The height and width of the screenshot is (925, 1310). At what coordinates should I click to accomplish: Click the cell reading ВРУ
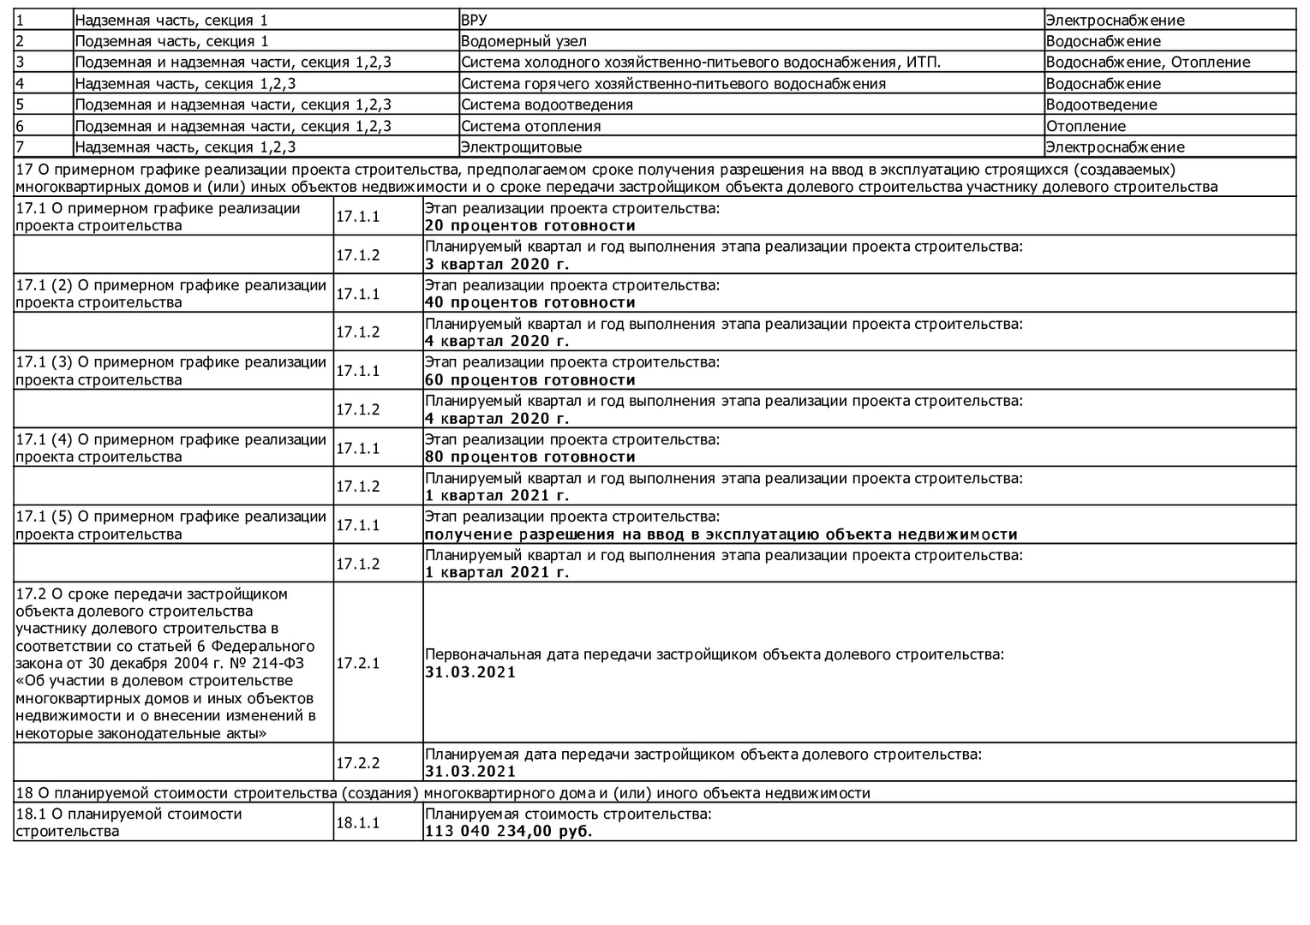(x=474, y=20)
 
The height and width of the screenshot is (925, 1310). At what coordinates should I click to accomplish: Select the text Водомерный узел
(x=523, y=41)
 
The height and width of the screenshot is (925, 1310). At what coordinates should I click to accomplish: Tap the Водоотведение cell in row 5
(x=1101, y=104)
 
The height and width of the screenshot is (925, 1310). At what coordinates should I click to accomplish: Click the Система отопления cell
(x=530, y=126)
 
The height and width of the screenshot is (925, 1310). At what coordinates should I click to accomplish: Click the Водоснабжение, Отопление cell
(x=1147, y=62)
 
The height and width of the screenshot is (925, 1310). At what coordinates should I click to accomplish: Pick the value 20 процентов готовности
(x=529, y=226)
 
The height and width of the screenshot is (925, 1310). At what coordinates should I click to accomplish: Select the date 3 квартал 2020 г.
(x=496, y=264)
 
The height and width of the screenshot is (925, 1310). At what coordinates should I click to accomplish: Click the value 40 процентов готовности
(x=529, y=302)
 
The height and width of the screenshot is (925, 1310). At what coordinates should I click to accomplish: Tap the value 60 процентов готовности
(x=529, y=380)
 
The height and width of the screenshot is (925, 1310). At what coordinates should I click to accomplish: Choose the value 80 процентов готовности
(x=529, y=457)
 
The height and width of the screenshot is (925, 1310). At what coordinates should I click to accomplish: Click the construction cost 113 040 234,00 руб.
(x=508, y=832)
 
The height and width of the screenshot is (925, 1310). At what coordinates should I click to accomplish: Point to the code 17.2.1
(x=357, y=663)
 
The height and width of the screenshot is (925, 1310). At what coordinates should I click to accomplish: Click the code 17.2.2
(x=357, y=763)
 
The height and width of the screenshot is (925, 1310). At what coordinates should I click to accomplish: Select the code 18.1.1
(x=357, y=823)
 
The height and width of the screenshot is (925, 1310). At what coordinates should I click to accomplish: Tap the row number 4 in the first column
(x=20, y=84)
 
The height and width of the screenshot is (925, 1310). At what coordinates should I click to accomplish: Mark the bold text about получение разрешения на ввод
(x=721, y=534)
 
